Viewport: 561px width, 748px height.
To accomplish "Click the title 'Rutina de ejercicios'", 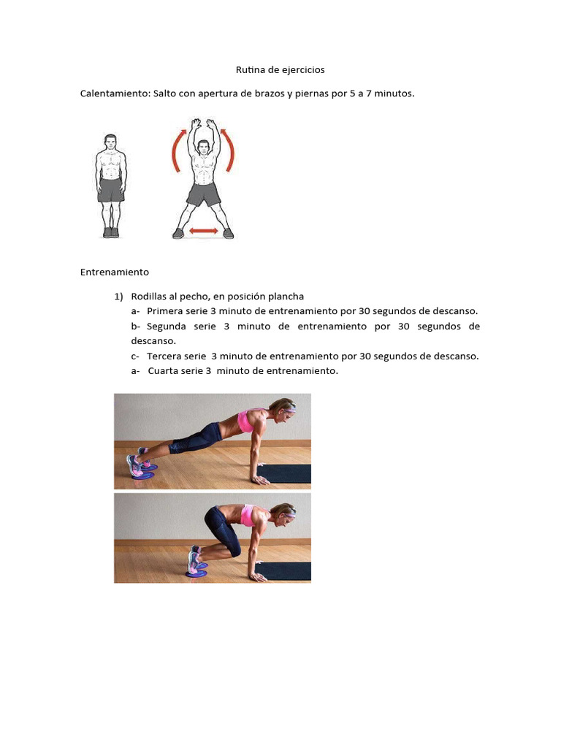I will coord(280,70).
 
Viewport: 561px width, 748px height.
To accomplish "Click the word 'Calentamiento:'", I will coord(115,94).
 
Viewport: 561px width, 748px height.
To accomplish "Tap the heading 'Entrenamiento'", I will coord(114,272).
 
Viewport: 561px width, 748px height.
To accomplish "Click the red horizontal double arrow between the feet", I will coord(204,232).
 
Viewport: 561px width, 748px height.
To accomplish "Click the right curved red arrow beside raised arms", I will coord(231,150).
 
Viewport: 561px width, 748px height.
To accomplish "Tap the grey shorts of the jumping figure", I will coord(203,194).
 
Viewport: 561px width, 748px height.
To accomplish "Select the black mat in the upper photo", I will coord(285,473).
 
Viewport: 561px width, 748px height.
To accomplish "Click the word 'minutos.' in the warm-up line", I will coord(394,94).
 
